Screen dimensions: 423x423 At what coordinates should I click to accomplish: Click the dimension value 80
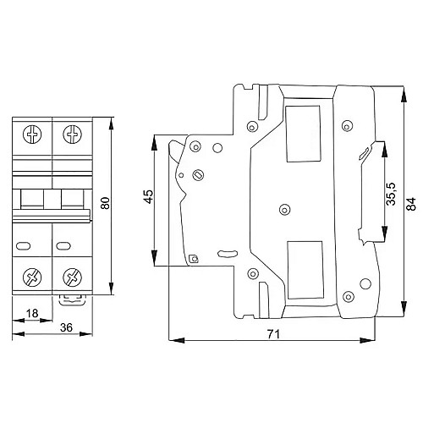pos(105,204)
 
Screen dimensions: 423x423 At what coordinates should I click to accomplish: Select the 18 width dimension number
pos(31,313)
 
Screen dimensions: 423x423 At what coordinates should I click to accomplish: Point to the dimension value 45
pos(147,197)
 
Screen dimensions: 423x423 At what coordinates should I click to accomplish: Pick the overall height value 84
pos(411,203)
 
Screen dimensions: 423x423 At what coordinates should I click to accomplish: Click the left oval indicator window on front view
pos(23,247)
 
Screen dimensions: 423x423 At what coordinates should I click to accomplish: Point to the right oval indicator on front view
pos(62,247)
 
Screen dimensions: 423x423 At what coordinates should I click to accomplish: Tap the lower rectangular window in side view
pos(305,270)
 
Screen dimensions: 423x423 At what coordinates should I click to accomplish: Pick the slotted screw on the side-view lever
pos(198,175)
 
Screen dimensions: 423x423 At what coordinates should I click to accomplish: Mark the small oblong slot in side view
pos(227,251)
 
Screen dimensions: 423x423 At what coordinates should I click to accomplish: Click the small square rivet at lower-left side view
pos(194,259)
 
